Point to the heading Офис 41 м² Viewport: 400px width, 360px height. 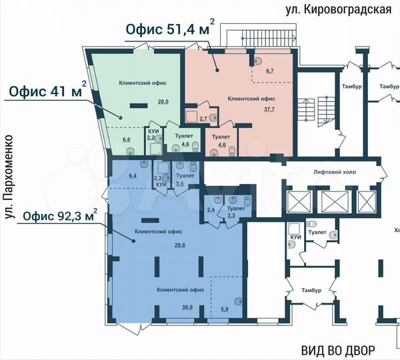pyautogui.click(x=47, y=91)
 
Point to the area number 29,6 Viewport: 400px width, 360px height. pyautogui.click(x=180, y=245)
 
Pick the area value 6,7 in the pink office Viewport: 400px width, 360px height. pyautogui.click(x=270, y=70)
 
